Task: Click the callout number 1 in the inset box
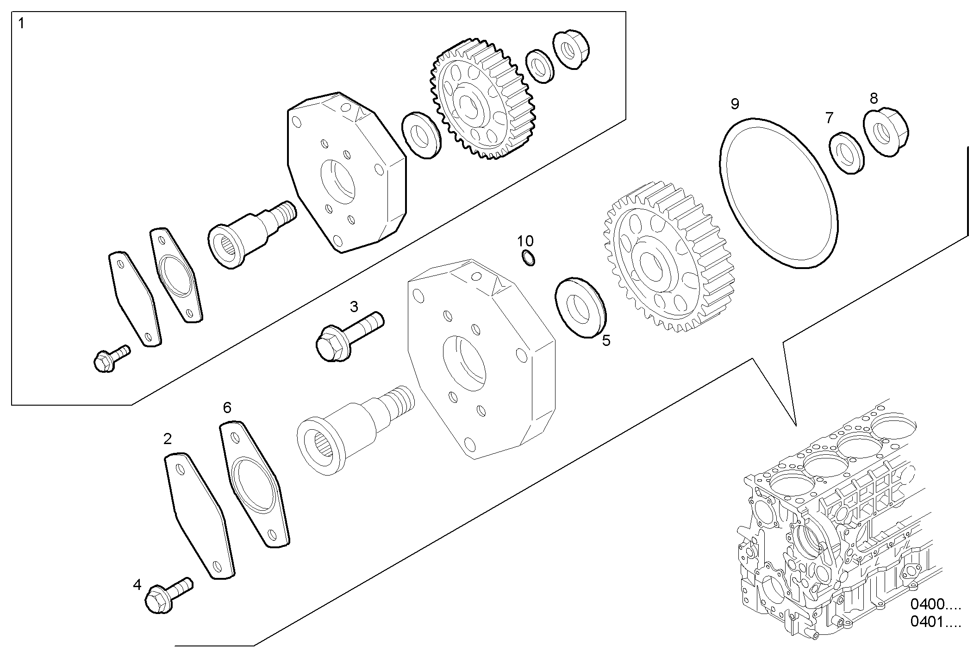22,23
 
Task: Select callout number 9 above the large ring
735,104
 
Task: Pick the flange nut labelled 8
886,132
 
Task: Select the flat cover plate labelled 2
199,516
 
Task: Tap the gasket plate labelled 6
254,484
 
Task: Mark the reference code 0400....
936,604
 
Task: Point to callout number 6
227,407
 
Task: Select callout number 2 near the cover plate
168,439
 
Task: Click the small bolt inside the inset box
111,358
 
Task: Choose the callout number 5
606,341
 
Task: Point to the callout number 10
525,241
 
